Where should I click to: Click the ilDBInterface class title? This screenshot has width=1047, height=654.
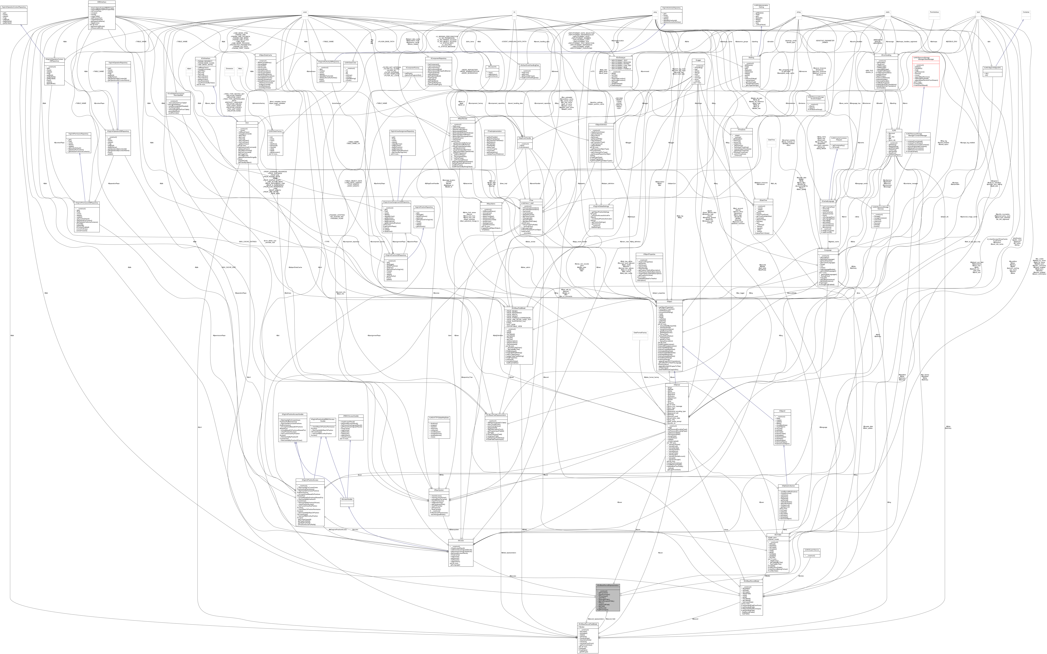[102, 2]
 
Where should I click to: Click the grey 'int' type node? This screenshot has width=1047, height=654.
[514, 12]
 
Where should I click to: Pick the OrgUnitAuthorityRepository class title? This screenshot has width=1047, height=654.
[671, 8]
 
